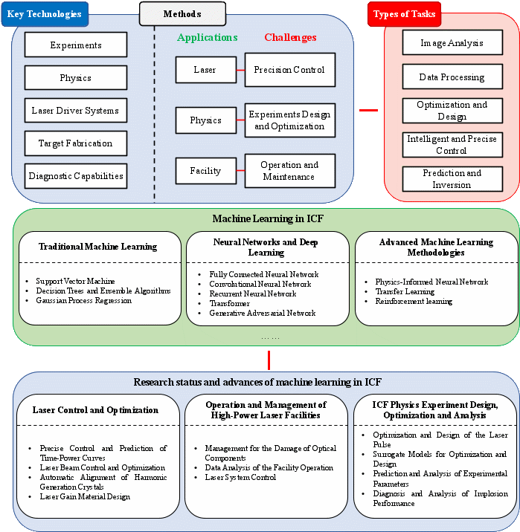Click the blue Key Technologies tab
(45, 14)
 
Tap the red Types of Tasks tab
(404, 14)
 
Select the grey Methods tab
(182, 13)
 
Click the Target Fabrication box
(76, 143)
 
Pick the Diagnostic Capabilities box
(76, 176)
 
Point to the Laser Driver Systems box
(76, 111)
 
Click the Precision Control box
(289, 70)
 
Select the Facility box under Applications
(206, 171)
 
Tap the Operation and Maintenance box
(289, 171)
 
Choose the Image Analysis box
(452, 43)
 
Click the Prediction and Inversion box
(452, 179)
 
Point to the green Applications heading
(208, 37)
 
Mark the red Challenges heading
(290, 37)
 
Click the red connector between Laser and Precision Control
(240, 70)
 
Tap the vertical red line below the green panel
(269, 360)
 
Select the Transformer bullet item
(230, 303)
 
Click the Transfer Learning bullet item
(405, 291)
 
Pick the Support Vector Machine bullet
(75, 281)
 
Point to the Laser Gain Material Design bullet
(85, 496)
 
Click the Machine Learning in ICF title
(268, 218)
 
